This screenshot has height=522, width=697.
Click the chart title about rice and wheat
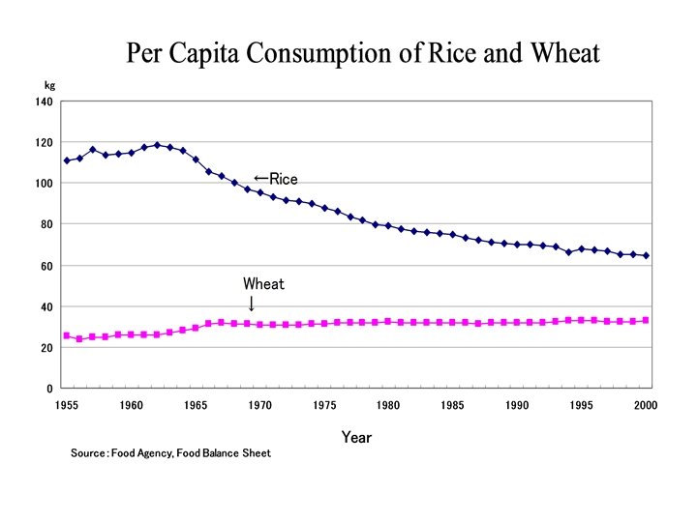pos(363,53)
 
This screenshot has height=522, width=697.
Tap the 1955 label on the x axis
pos(66,405)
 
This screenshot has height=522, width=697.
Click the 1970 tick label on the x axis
pos(259,405)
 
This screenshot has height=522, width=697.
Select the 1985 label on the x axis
pos(452,405)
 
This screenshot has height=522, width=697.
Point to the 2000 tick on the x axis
pos(646,405)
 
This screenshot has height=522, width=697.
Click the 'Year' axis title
pos(356,437)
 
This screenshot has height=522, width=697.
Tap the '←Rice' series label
pos(275,179)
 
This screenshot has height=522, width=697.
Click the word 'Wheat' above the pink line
pos(263,284)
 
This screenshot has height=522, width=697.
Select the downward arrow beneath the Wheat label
pos(252,303)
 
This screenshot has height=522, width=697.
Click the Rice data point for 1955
pos(67,160)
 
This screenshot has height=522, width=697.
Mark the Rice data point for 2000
pos(646,256)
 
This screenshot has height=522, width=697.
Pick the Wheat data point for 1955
pos(67,335)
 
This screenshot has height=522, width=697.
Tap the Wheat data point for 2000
pos(646,320)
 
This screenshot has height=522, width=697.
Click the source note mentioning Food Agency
pos(170,453)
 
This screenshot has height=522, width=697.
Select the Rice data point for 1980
pos(388,226)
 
